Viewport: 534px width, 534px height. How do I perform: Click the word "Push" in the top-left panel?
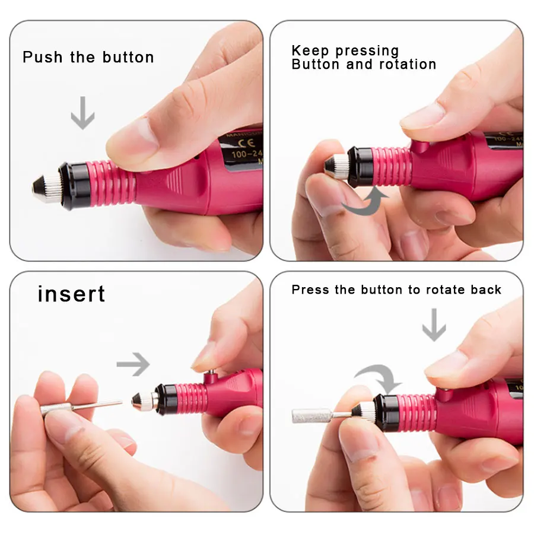[x=43, y=58]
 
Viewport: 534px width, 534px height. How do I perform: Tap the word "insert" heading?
[x=71, y=294]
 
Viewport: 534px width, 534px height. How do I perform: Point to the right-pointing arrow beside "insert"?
[x=133, y=364]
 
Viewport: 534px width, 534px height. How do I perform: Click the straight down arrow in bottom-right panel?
[x=434, y=325]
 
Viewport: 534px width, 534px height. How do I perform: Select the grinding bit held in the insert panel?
[x=80, y=407]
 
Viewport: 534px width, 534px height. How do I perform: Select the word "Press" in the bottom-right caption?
[x=310, y=290]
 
